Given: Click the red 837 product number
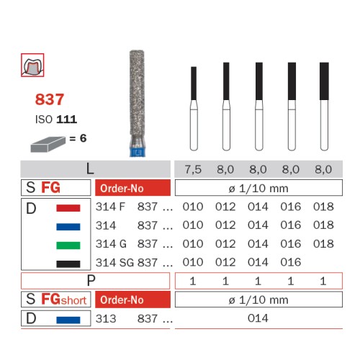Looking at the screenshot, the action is tap(50, 99).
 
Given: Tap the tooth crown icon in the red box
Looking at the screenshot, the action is tap(32, 65).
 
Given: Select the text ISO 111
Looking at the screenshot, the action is tap(56, 120).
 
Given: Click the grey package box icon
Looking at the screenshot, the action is tap(48, 144).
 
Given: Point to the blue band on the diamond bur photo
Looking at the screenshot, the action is tap(137, 153).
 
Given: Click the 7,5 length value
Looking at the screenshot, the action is tap(193, 169).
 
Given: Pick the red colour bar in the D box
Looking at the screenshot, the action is tap(68, 208).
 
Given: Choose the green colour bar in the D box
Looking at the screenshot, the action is tap(68, 246).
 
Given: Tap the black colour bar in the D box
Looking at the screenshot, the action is tap(68, 264).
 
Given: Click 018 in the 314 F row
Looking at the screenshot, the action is tap(323, 207).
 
